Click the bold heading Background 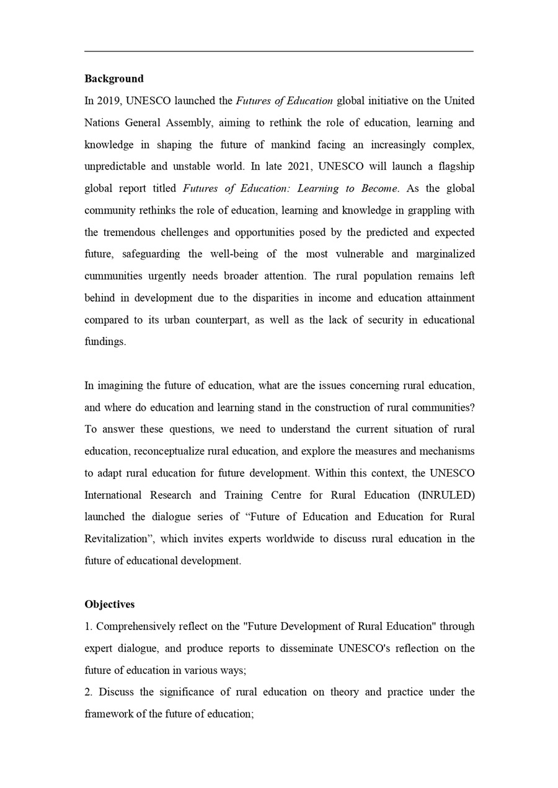[114, 79]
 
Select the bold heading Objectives [110, 604]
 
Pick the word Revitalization [118, 539]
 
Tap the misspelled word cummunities [113, 276]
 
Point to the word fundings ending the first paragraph [104, 342]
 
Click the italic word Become [379, 188]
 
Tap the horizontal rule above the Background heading [279, 51]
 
